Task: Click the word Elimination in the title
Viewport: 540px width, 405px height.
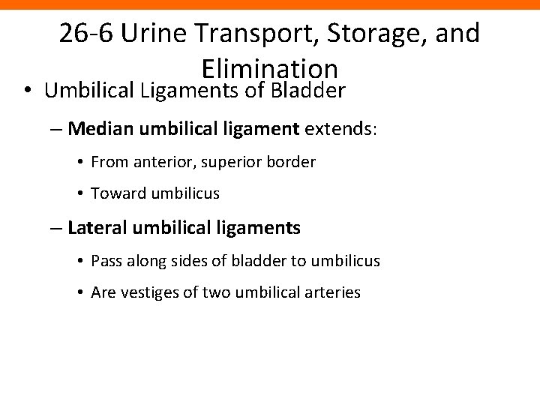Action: [270, 68]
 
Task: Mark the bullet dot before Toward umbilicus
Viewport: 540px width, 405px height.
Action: [80, 193]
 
